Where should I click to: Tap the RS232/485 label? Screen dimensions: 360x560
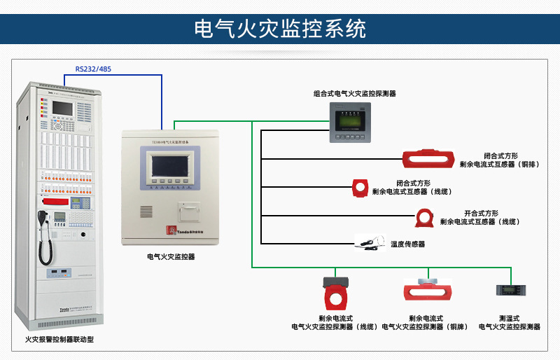pos(93,69)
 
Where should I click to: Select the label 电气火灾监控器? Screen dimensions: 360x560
pos(171,257)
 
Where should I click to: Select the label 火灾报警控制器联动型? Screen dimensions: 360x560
pos(59,340)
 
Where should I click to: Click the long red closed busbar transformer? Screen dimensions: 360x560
pos(429,159)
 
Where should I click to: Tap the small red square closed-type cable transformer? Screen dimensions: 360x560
pos(360,186)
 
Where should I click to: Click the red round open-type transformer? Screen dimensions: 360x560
pos(424,217)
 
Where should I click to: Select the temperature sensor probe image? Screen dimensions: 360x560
pos(370,242)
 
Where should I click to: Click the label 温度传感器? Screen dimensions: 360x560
pos(407,244)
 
